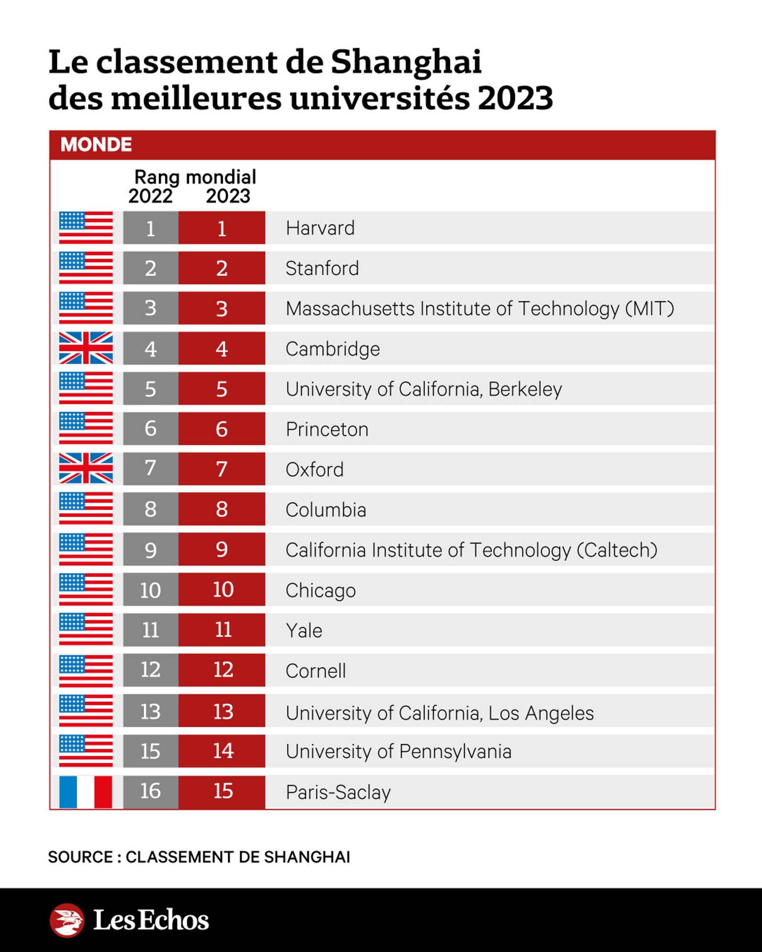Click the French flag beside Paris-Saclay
point(86,791)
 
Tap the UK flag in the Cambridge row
point(86,348)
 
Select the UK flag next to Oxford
point(86,469)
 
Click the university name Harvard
point(320,228)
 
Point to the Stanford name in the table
point(322,268)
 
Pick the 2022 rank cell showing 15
point(150,751)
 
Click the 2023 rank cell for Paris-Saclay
point(222,791)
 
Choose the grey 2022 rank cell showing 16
point(150,791)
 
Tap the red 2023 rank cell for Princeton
point(222,429)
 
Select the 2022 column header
point(150,196)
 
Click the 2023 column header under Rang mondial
point(228,196)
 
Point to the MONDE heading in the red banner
point(96,145)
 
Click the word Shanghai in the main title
point(406,62)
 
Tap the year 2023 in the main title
point(515,98)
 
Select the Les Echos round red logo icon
point(67,920)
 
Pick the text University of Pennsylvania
point(398,752)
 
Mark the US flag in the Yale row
point(86,629)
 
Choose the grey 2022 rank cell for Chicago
point(150,590)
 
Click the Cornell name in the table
point(316,671)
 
